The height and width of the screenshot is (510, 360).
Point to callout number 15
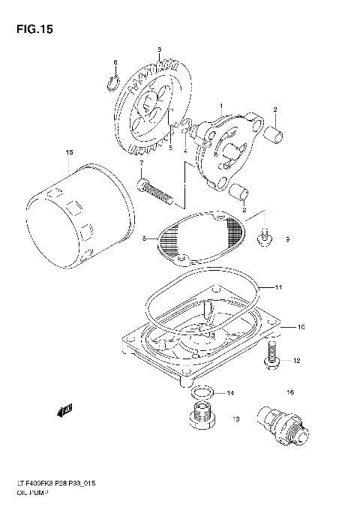[69, 152]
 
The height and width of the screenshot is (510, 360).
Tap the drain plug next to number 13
[199, 418]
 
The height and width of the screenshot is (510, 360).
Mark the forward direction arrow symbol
[63, 409]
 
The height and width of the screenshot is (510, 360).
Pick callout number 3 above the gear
[159, 49]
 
